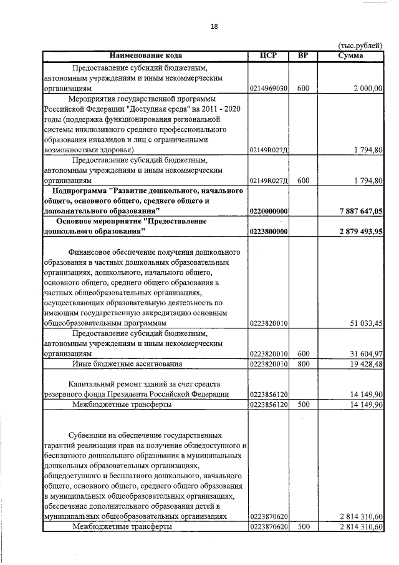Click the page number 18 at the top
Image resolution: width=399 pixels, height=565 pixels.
click(214, 27)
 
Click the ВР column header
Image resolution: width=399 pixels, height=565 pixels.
click(303, 56)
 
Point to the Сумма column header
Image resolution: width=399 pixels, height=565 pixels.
click(350, 56)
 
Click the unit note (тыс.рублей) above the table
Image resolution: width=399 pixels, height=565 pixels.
click(360, 46)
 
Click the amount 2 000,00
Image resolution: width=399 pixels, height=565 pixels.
click(367, 89)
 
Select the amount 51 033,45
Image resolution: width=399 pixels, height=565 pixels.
click(366, 323)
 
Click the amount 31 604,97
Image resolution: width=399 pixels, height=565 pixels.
click(366, 354)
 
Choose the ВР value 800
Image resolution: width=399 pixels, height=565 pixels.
click(304, 363)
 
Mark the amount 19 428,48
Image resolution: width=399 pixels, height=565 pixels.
click(366, 363)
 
